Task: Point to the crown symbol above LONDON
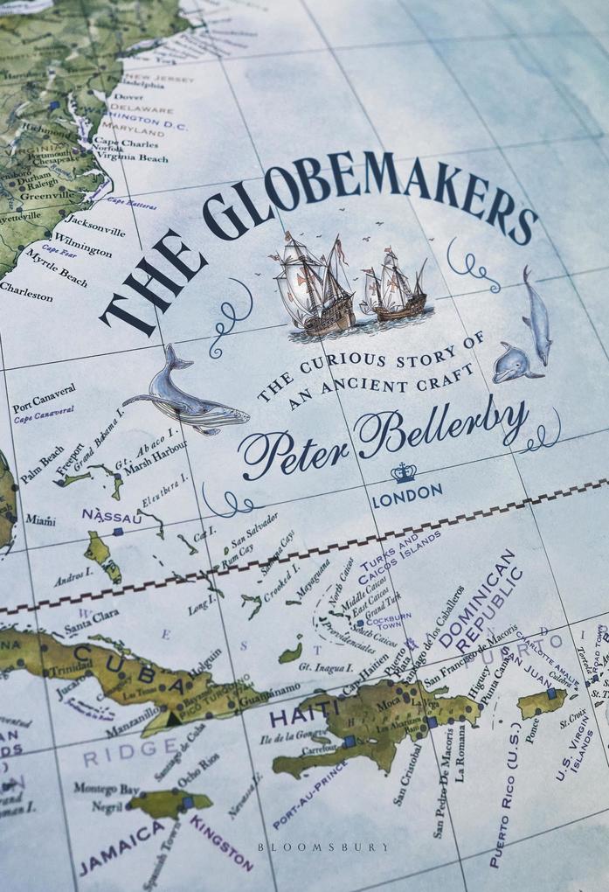[x=404, y=473]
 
